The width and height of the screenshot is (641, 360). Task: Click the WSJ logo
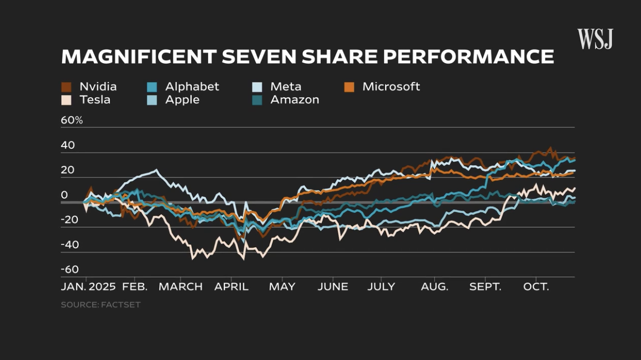coord(595,40)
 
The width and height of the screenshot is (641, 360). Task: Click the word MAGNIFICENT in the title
coord(138,57)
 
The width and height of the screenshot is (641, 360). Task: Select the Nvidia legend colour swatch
coord(66,87)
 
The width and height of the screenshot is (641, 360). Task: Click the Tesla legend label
coord(94,100)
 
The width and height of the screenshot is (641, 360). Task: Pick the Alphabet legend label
coord(192,87)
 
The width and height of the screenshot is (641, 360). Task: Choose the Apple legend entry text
coord(182,100)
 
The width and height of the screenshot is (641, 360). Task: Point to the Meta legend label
coord(286,87)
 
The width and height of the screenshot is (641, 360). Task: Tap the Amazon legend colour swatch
coord(257,100)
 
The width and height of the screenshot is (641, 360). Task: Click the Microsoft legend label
coord(391,87)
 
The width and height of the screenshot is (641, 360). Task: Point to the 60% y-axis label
coord(72,121)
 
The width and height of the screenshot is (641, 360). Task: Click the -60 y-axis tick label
coord(70,270)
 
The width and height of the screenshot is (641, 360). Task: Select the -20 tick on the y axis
coord(70,220)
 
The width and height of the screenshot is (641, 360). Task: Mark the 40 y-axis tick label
coord(68,145)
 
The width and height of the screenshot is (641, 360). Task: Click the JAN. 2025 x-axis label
coord(88,287)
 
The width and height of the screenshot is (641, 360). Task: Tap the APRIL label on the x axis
coord(231,287)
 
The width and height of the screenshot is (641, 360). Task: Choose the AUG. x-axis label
coord(434,287)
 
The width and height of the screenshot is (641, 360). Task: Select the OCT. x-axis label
coord(536,287)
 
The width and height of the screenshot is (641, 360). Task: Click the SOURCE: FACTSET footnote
coord(101,305)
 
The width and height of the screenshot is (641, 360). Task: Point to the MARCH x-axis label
coord(181,287)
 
